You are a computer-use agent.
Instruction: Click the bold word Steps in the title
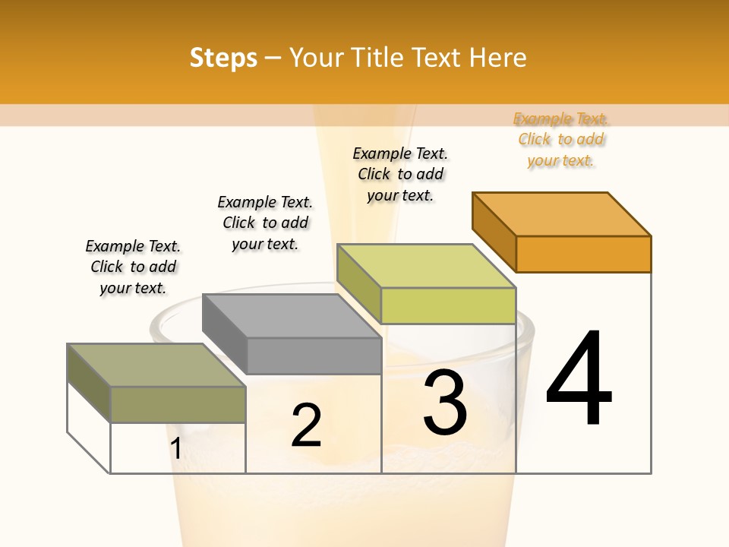coord(223,58)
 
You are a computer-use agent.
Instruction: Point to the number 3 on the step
coord(445,403)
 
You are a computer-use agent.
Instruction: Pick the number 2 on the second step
coord(307,425)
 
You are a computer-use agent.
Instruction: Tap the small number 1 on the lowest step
coord(175,449)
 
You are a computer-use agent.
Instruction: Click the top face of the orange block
coord(562,213)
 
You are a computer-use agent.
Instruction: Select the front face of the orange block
coord(583,254)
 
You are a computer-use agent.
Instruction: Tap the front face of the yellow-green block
coord(448,305)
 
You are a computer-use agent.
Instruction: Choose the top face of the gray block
coord(292,316)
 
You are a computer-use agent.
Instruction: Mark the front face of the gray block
coord(314,356)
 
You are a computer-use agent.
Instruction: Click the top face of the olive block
coord(156,365)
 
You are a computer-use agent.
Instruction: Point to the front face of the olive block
coord(178,404)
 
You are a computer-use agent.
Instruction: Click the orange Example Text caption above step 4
coord(561,140)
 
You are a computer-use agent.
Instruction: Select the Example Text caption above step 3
coord(400,174)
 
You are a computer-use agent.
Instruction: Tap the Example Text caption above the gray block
coord(265,223)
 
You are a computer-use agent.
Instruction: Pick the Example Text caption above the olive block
coord(133,267)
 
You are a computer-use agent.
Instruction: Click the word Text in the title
coord(436,58)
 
